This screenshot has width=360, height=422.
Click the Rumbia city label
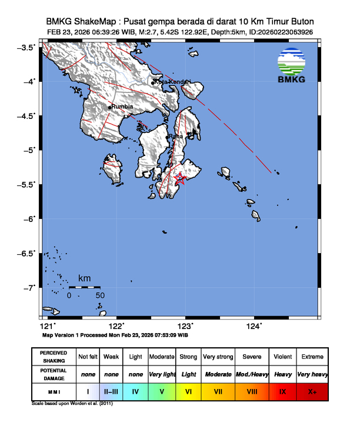click(122, 107)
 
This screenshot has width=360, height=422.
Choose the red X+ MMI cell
click(311, 391)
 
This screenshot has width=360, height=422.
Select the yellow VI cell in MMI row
click(189, 391)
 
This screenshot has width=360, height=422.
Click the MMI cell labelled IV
click(135, 391)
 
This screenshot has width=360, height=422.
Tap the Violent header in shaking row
click(282, 357)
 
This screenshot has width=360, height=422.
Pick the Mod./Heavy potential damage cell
click(252, 374)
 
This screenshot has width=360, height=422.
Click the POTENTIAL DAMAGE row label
click(53, 374)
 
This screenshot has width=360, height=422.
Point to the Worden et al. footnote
click(72, 404)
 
